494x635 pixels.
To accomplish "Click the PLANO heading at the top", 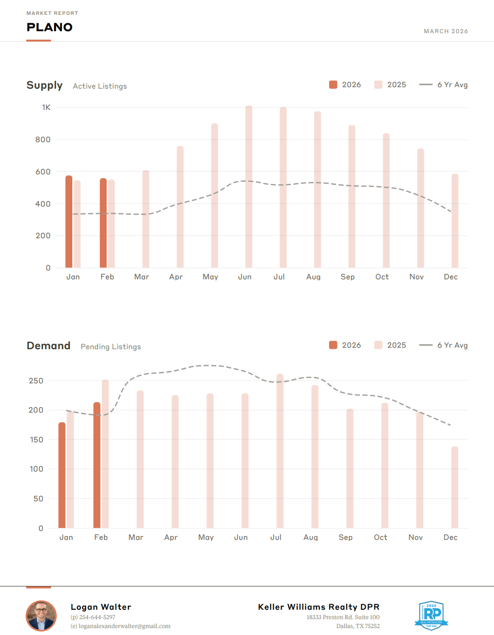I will pyautogui.click(x=49, y=27).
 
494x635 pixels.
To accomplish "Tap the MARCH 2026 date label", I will pyautogui.click(x=445, y=31).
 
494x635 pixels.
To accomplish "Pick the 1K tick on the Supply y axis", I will pyautogui.click(x=46, y=107).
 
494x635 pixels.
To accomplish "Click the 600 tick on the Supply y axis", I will pyautogui.click(x=43, y=172).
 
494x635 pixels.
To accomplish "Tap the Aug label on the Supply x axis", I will pyautogui.click(x=313, y=277).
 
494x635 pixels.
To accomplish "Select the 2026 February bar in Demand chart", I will pyautogui.click(x=97, y=465).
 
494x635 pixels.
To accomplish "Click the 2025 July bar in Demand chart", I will pyautogui.click(x=280, y=451).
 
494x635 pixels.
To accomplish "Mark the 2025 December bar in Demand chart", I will pyautogui.click(x=454, y=487).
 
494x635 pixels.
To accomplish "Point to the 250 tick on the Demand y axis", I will pyautogui.click(x=36, y=381).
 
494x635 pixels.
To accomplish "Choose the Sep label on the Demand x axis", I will pyautogui.click(x=346, y=537).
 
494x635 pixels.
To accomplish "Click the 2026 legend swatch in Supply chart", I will pyautogui.click(x=333, y=85).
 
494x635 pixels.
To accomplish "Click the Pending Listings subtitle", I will pyautogui.click(x=111, y=347).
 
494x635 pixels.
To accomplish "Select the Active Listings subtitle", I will pyautogui.click(x=100, y=86).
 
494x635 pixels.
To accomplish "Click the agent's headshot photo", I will pyautogui.click(x=41, y=616).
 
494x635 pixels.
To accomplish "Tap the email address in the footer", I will pyautogui.click(x=124, y=626).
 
